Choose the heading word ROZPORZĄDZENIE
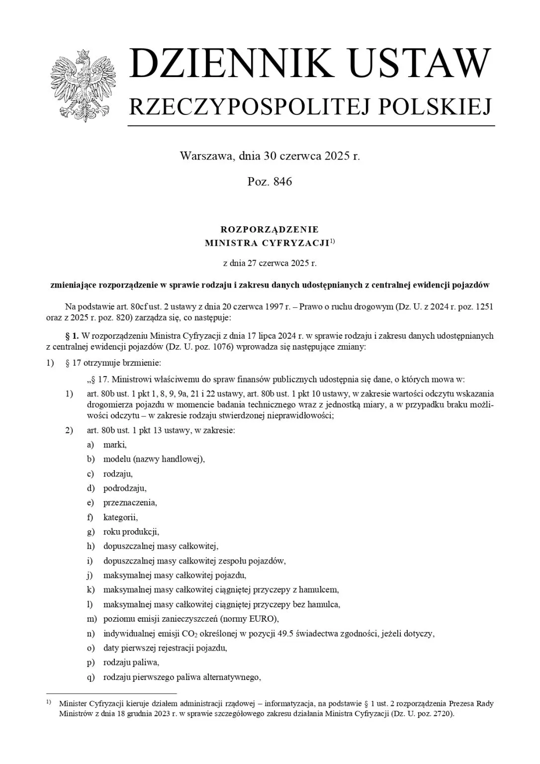pos(269,229)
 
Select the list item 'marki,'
pos(115,445)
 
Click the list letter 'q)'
pos(90,677)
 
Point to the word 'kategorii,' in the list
pos(120,517)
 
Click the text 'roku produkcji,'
pos(131,532)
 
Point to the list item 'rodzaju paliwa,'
pos(131,663)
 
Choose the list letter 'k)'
pos(90,590)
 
